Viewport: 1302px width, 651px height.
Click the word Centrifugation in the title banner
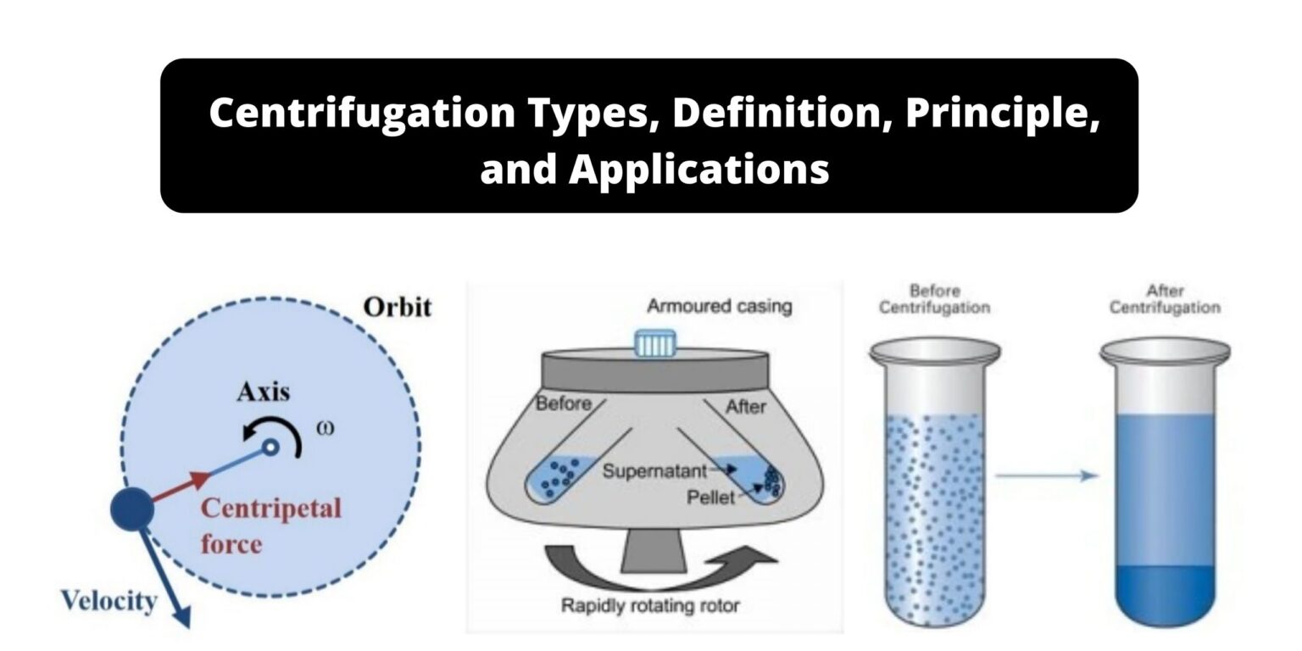[361, 113]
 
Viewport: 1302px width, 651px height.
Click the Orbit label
[397, 306]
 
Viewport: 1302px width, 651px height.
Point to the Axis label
[263, 392]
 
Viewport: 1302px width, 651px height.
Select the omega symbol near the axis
[325, 426]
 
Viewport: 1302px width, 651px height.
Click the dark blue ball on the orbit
[133, 509]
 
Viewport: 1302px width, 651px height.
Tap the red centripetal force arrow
[182, 488]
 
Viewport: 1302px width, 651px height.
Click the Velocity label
[108, 601]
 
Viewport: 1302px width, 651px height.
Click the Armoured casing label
[719, 306]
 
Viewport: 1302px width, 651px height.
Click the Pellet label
[710, 497]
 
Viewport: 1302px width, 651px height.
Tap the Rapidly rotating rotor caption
[650, 605]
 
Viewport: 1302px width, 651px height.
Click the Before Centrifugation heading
[934, 299]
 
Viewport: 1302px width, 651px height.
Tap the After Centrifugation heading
[1165, 299]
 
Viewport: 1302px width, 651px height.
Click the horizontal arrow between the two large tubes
[1046, 476]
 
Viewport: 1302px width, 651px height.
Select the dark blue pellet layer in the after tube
[1165, 593]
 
